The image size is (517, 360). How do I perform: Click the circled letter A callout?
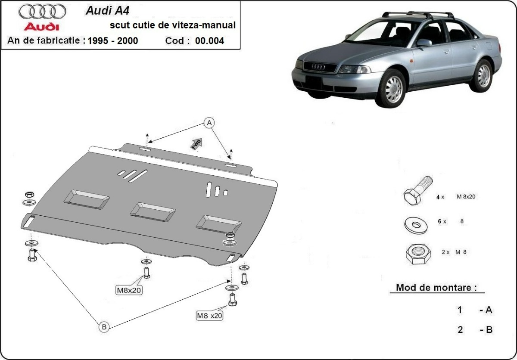click(x=209, y=123)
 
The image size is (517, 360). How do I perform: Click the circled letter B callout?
click(x=104, y=327)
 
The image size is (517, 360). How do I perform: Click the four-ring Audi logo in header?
click(x=43, y=11)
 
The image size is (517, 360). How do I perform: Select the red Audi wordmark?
click(x=41, y=27)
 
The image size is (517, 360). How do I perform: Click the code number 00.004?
click(x=209, y=41)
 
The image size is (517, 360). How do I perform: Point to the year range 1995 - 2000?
click(x=112, y=41)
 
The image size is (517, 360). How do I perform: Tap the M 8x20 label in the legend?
click(x=466, y=197)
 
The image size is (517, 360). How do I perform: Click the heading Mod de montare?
click(x=436, y=288)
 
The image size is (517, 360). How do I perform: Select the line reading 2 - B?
click(x=474, y=330)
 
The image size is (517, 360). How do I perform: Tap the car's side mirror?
click(x=424, y=42)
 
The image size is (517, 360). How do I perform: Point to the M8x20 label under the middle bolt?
click(x=129, y=290)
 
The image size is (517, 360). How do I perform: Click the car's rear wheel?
click(x=483, y=75)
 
